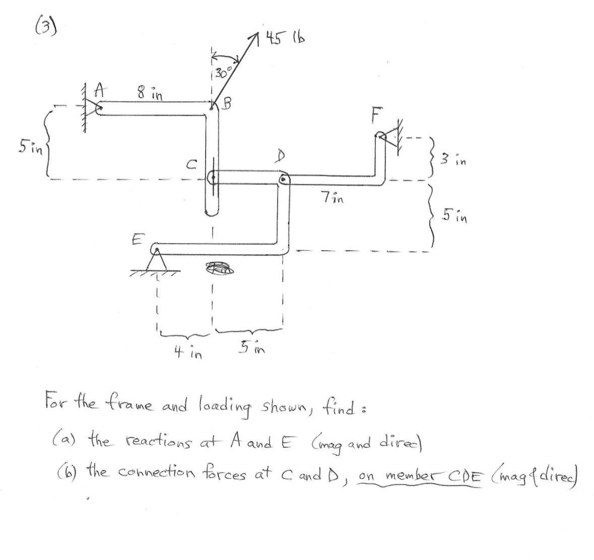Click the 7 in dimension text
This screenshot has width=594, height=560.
coord(332,197)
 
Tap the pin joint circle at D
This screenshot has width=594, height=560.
coord(283,179)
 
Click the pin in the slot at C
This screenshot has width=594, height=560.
coord(213,176)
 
